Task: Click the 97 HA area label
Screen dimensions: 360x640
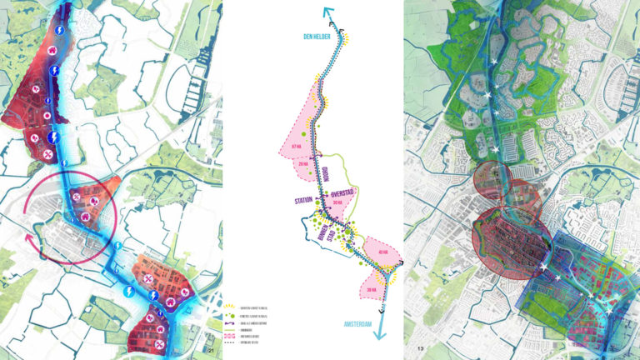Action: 294,147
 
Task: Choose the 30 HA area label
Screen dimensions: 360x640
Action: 337,202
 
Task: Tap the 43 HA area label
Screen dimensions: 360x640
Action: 382,252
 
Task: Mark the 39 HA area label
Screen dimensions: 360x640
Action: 368,287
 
